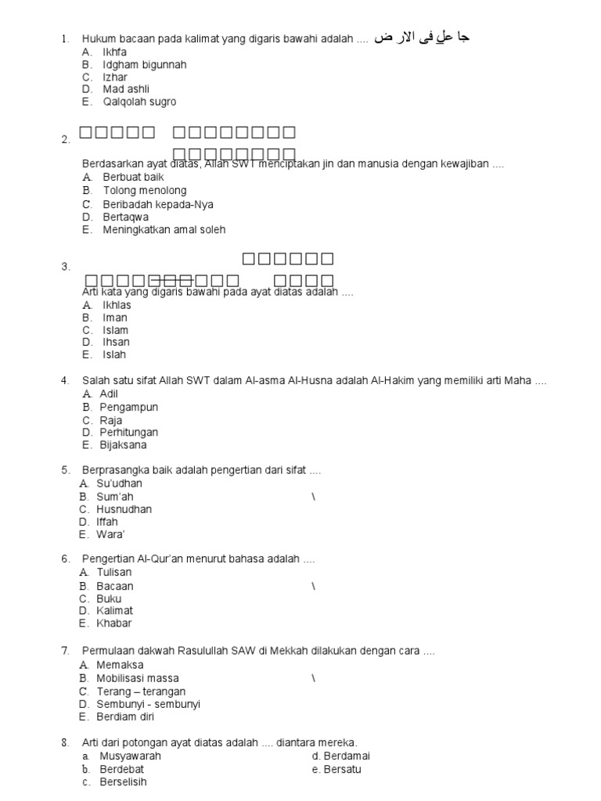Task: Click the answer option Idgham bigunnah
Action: pyautogui.click(x=144, y=65)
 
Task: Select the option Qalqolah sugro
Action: pyautogui.click(x=139, y=102)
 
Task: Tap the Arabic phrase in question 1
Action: pyautogui.click(x=422, y=38)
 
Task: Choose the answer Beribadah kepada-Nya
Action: pyautogui.click(x=157, y=204)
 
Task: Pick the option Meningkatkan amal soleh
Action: pyautogui.click(x=164, y=230)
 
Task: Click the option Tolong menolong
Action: pyautogui.click(x=144, y=191)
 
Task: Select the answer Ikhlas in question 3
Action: pyautogui.click(x=117, y=305)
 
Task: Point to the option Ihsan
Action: pyautogui.click(x=116, y=342)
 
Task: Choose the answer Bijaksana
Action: pyautogui.click(x=123, y=445)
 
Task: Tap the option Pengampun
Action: pyautogui.click(x=128, y=408)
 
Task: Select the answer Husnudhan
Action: pyautogui.click(x=124, y=509)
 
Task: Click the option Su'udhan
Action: pyautogui.click(x=119, y=483)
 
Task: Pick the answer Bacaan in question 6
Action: pyautogui.click(x=114, y=586)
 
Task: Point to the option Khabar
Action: pyautogui.click(x=113, y=623)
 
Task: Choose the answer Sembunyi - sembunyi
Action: pyautogui.click(x=148, y=704)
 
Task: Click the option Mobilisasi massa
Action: pyautogui.click(x=137, y=678)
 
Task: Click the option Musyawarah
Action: pyautogui.click(x=130, y=756)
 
